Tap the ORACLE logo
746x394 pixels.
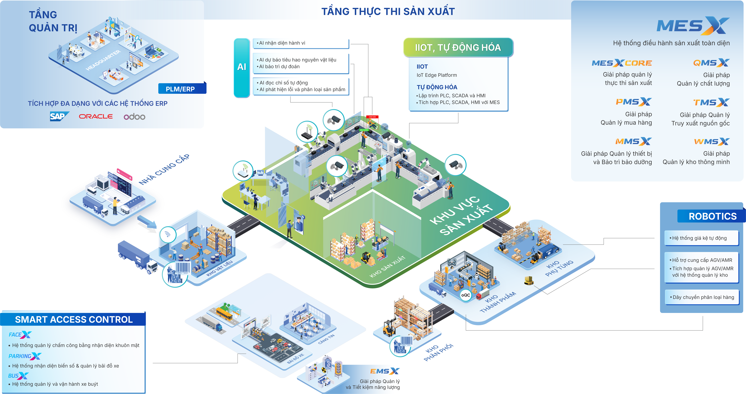coord(96,116)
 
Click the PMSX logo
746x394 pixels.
coord(633,102)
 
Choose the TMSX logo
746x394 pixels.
coord(711,102)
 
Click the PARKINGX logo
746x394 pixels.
coord(25,356)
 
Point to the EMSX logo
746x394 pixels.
coord(385,371)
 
